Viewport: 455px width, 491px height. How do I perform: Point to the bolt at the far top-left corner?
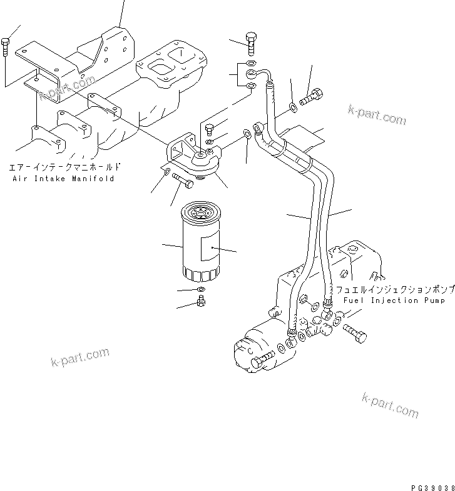[x=6, y=46]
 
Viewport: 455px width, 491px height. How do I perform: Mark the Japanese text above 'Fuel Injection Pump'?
[x=394, y=290]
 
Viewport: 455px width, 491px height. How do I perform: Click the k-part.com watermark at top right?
[x=377, y=115]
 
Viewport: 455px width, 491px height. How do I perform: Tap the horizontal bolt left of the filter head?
[x=182, y=182]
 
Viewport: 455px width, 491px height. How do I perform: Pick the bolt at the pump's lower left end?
[x=263, y=359]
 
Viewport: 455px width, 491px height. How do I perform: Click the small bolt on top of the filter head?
[x=210, y=130]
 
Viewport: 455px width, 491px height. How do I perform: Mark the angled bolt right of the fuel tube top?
[x=311, y=97]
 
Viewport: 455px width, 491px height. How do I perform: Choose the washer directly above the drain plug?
[x=200, y=290]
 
